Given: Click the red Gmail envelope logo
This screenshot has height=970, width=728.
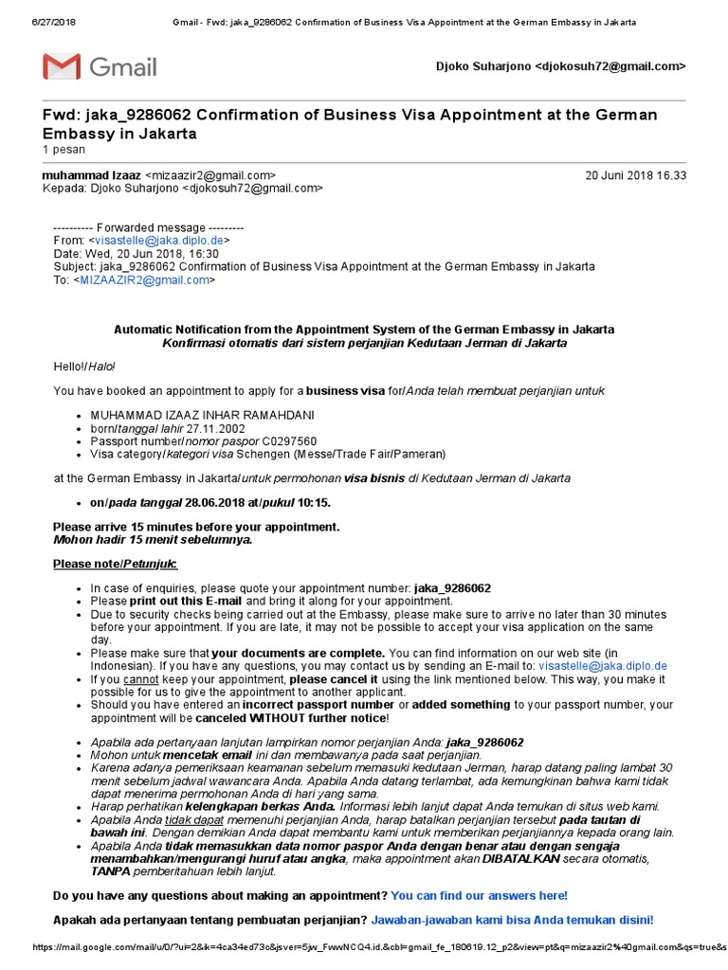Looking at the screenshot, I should (x=61, y=67).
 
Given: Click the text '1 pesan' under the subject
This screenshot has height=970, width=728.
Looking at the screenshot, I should (x=64, y=150).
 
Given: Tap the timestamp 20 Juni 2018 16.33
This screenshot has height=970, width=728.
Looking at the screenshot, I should (x=636, y=175).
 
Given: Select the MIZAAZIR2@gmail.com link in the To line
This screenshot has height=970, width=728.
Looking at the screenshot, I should (x=145, y=280).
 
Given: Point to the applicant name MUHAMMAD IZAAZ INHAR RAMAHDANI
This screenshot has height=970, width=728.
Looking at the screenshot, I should (x=202, y=415).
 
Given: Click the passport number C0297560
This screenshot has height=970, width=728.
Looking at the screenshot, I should (x=289, y=441).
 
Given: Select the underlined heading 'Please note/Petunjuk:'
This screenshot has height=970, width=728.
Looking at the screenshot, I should (x=115, y=565).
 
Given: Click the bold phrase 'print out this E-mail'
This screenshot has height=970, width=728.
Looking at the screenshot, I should (x=186, y=601).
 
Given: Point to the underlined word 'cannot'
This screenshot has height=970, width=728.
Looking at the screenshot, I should (x=138, y=679).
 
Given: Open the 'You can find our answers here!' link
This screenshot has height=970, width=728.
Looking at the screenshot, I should (x=479, y=895).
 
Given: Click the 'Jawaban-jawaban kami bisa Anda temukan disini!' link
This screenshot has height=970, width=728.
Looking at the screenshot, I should (x=512, y=920).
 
